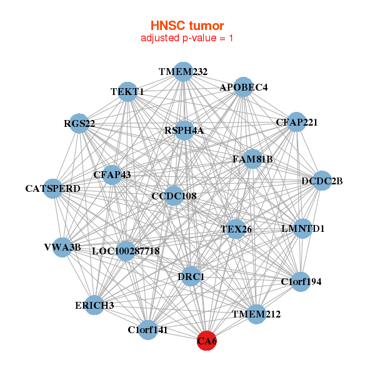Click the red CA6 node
pos(207,341)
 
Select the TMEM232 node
pos(182,72)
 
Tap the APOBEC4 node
pos(243,87)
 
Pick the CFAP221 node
pos(296,122)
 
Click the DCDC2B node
pos(322,181)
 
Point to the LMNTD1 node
pos(303,228)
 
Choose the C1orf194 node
pos(301,281)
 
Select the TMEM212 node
pos(256,314)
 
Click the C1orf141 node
pos(147,329)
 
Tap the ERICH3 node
pos(94,305)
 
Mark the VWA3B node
pos(62,247)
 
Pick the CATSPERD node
pos(53,188)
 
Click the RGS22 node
pos(79,123)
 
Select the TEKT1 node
pos(127,91)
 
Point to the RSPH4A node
pos(184,130)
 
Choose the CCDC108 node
pos(174,196)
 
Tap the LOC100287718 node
pos(126,251)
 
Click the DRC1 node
pos(191,276)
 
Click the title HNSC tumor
pos(187,26)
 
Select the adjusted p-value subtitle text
pos(187,38)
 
